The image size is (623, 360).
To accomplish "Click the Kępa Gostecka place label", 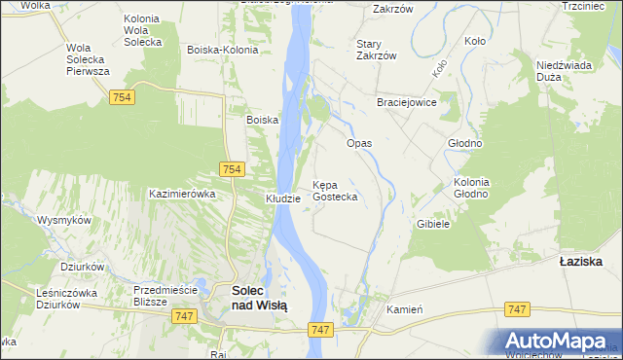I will [335, 191].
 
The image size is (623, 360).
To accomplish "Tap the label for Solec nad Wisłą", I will [259, 297].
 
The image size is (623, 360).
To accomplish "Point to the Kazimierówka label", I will [181, 194].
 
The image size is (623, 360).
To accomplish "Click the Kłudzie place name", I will [283, 198].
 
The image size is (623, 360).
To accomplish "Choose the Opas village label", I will [360, 143].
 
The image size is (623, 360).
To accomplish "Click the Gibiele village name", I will [432, 224].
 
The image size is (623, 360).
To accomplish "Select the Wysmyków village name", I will [64, 220].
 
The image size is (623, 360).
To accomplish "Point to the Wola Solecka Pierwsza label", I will [87, 59].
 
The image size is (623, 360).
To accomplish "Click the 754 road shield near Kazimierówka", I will [231, 169].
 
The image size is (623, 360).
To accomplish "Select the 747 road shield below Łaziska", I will [518, 308].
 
